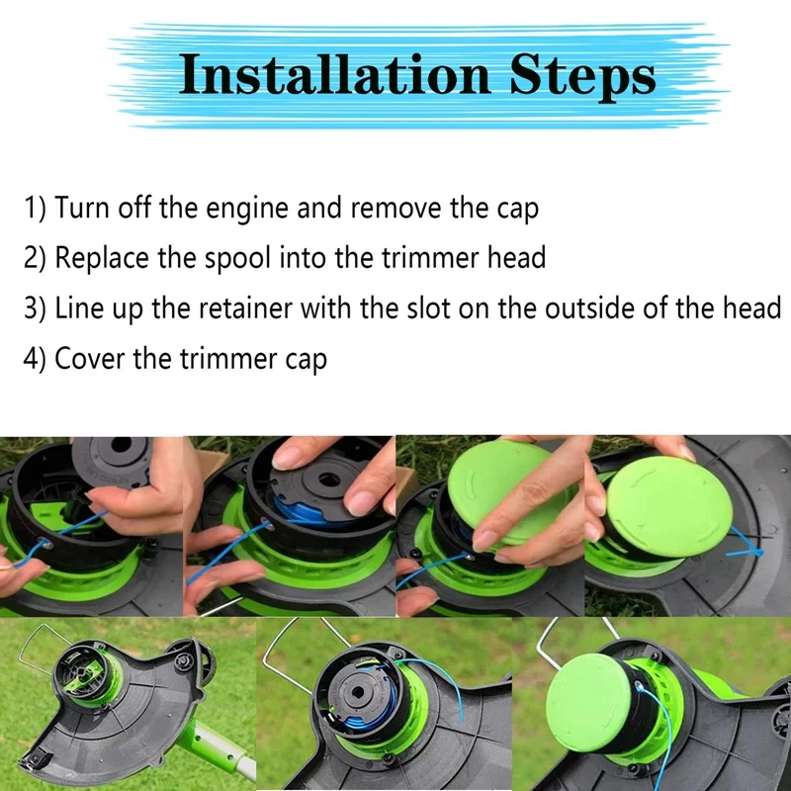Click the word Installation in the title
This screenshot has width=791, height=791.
(x=335, y=75)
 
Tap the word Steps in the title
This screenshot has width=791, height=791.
(x=582, y=77)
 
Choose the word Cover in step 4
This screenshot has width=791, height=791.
(x=89, y=359)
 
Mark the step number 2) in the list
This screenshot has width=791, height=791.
(x=35, y=258)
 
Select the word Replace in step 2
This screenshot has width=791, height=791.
(x=102, y=258)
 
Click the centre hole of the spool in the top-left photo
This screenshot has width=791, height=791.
(x=121, y=446)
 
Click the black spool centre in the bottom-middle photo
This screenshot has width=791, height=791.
(x=358, y=690)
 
